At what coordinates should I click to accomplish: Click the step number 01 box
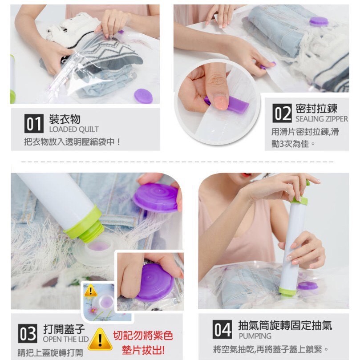pyautogui.click(x=34, y=124)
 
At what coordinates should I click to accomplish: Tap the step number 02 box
pyautogui.click(x=282, y=113)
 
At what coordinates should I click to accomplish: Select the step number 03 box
pyautogui.click(x=28, y=334)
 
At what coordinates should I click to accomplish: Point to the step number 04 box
pyautogui.click(x=222, y=329)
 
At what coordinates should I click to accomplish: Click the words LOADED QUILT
pyautogui.click(x=74, y=129)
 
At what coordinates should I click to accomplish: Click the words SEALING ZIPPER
pyautogui.click(x=322, y=119)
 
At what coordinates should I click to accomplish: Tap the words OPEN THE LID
pyautogui.click(x=66, y=339)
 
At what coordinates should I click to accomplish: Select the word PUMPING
pyautogui.click(x=255, y=336)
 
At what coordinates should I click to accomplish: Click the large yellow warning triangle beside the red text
pyautogui.click(x=100, y=339)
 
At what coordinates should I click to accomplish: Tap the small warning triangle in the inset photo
pyautogui.click(x=90, y=291)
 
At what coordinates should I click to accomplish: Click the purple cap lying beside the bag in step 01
pyautogui.click(x=143, y=96)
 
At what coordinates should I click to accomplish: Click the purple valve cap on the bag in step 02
pyautogui.click(x=319, y=21)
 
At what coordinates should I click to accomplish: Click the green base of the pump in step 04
pyautogui.click(x=287, y=291)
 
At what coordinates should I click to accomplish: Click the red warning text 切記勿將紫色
pyautogui.click(x=143, y=336)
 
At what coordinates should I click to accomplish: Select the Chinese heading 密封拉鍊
pyautogui.click(x=316, y=109)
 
